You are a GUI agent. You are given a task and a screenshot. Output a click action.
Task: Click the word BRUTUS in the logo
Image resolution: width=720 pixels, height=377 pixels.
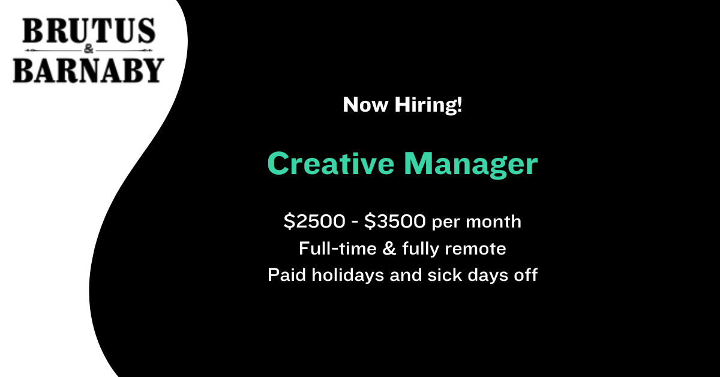point(89,31)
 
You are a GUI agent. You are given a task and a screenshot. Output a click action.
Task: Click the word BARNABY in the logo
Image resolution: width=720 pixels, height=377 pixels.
point(88,70)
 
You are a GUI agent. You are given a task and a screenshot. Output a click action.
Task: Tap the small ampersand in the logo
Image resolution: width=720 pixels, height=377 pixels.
point(88,50)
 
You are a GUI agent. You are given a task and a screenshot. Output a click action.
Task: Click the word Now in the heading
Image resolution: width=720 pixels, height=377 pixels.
point(365,105)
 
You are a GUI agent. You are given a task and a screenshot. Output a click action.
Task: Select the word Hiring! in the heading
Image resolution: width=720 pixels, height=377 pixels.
point(428,105)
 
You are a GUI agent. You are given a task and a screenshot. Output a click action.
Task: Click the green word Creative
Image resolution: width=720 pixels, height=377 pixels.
point(331,163)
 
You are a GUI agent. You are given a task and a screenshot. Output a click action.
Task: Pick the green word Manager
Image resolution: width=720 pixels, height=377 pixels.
point(470,164)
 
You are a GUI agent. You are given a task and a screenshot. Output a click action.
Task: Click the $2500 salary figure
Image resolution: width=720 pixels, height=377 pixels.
point(314,222)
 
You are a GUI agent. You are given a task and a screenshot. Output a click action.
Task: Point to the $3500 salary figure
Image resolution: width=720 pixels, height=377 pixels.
point(395,222)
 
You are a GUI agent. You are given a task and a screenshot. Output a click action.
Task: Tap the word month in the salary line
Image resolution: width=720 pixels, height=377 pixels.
point(493,222)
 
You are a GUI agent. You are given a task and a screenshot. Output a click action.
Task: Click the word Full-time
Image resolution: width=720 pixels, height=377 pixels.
point(337,249)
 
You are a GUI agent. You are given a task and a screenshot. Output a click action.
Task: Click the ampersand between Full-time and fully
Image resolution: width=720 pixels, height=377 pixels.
point(389,249)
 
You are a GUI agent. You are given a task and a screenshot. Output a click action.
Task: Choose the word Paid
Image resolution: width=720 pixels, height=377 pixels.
point(287,275)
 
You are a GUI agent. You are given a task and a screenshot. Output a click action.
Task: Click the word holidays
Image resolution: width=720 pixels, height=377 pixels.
point(348,276)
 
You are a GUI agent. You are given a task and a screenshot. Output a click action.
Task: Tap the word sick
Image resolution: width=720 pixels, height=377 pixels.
point(445,276)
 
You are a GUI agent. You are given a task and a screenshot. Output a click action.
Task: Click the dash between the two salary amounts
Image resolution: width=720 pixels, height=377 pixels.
point(355,222)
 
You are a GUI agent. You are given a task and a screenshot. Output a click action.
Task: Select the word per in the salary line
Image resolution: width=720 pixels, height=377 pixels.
point(446,223)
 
